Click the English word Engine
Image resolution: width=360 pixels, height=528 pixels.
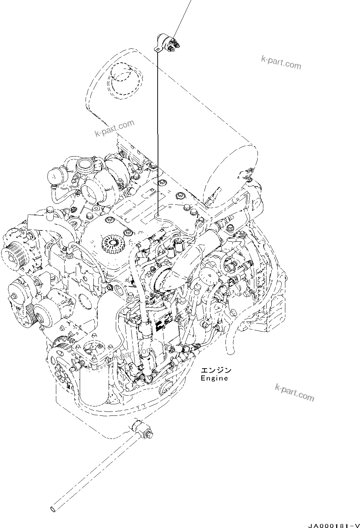(x=214, y=378)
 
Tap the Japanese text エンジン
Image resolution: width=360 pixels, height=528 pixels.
(x=216, y=370)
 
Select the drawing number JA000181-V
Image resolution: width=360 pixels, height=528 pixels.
(x=334, y=525)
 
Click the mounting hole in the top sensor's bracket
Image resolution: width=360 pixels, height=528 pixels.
(x=157, y=49)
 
